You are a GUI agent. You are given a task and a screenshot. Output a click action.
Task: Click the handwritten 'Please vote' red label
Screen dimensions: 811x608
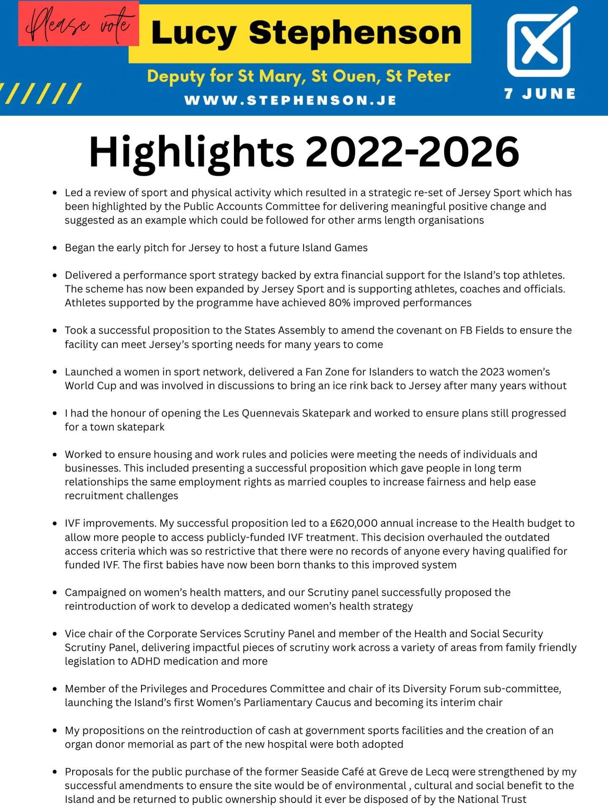[x=79, y=23]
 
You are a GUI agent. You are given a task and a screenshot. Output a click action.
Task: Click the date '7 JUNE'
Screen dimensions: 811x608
[x=540, y=93]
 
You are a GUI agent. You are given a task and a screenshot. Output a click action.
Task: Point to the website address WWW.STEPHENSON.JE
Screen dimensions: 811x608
[x=290, y=101]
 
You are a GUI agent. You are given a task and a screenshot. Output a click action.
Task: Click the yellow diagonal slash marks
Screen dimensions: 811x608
[x=41, y=93]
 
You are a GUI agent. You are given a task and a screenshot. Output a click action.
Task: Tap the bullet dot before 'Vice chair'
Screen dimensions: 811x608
[x=55, y=634]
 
